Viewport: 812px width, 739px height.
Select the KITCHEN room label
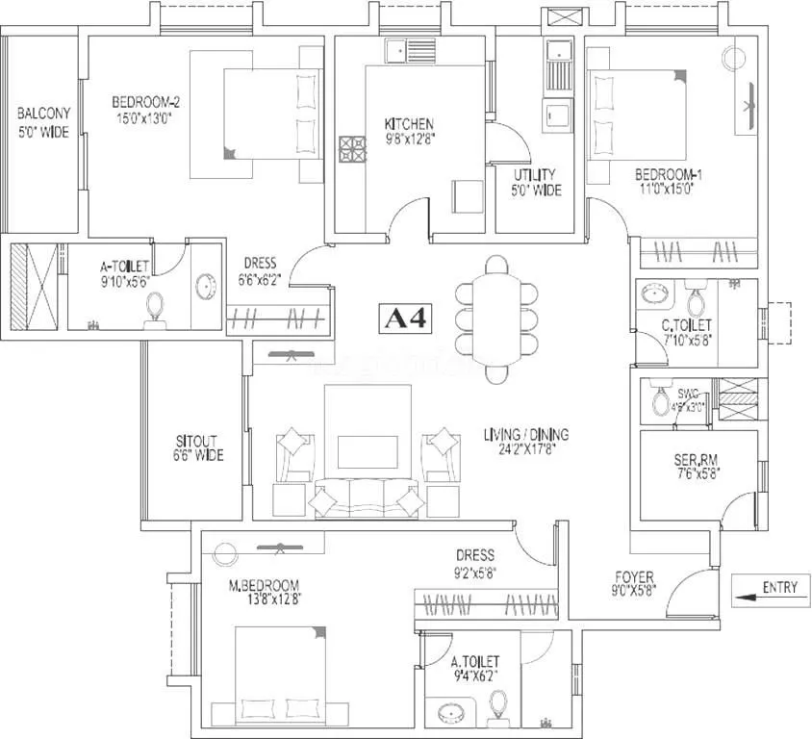click(x=409, y=124)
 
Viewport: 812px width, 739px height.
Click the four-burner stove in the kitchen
click(x=352, y=149)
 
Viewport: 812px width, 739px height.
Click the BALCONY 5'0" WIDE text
click(x=42, y=123)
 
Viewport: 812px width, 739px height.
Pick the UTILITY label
click(x=535, y=174)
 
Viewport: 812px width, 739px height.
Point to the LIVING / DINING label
click(x=520, y=435)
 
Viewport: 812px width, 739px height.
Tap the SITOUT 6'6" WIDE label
click(x=198, y=448)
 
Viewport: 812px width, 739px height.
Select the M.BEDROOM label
click(x=265, y=585)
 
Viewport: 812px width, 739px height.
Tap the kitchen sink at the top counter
click(x=397, y=48)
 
